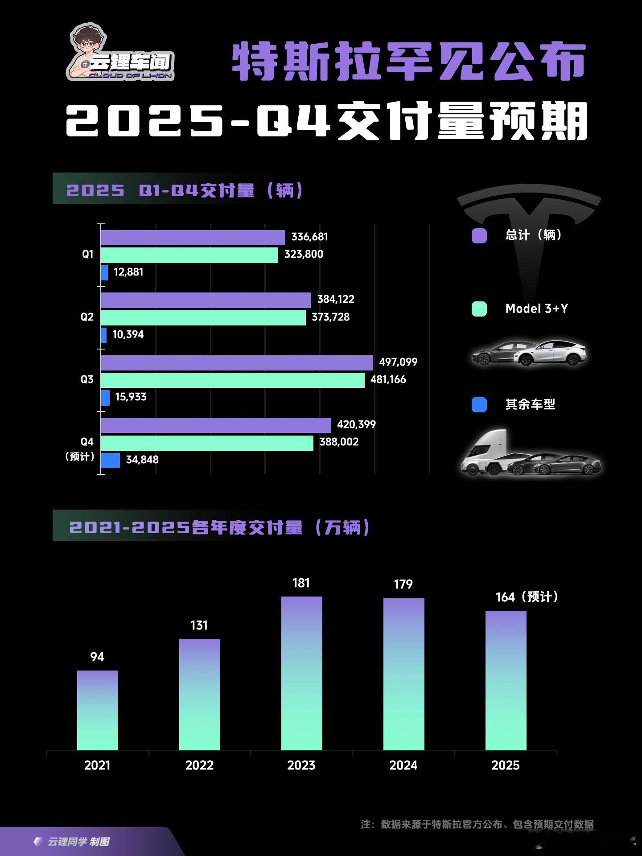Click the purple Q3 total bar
pyautogui.click(x=236, y=362)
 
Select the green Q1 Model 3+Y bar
pyautogui.click(x=189, y=255)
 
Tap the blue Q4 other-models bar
pyautogui.click(x=110, y=460)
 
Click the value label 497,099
pyautogui.click(x=398, y=362)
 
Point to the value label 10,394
pyautogui.click(x=128, y=334)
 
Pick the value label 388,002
pyautogui.click(x=339, y=442)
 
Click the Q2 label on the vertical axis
pyautogui.click(x=87, y=317)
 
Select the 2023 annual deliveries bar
pyautogui.click(x=301, y=673)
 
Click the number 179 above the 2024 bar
pyautogui.click(x=403, y=584)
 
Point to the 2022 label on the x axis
pyautogui.click(x=199, y=765)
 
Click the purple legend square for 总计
pyautogui.click(x=479, y=236)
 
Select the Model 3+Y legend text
pyautogui.click(x=536, y=309)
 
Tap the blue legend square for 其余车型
pyautogui.click(x=479, y=405)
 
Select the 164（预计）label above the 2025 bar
pyautogui.click(x=527, y=597)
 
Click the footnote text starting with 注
pyautogui.click(x=477, y=824)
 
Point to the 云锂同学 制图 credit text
pyautogui.click(x=78, y=842)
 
